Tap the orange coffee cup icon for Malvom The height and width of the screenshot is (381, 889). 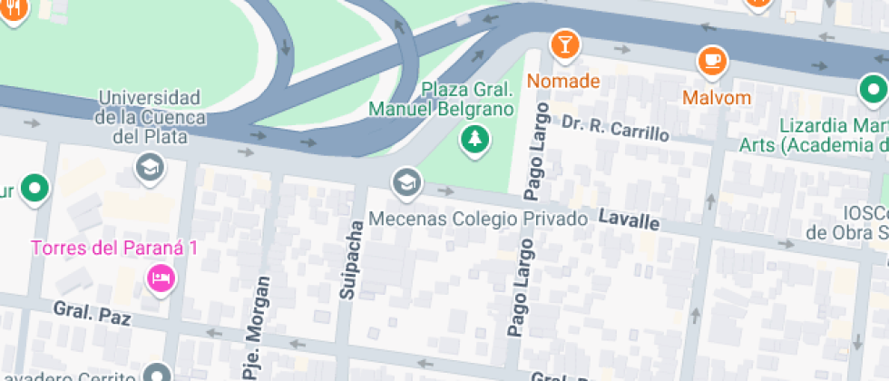coord(712,61)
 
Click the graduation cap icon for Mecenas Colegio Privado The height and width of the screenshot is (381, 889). coord(406,182)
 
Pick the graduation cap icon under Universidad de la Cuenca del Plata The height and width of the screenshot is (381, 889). coord(150,166)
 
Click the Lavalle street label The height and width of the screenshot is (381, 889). coord(628,220)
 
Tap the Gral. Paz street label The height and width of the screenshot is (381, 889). coord(92,313)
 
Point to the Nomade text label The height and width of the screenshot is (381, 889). coord(562,81)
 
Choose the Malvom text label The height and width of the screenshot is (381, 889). coord(717,98)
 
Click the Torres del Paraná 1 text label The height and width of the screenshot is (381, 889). coord(114,248)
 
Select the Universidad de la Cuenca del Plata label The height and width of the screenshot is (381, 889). coord(149,117)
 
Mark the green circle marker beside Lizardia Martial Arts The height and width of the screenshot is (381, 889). coord(873,90)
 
